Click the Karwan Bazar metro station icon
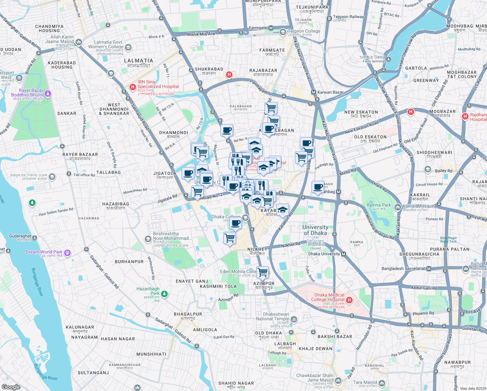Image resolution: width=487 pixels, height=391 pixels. click(x=313, y=92)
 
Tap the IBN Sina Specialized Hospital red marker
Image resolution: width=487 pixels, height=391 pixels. click(x=132, y=87)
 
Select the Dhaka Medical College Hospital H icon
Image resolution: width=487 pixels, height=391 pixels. click(x=349, y=300)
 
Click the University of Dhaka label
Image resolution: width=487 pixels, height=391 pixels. click(x=315, y=230)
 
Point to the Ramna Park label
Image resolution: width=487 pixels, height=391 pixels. click(x=379, y=205)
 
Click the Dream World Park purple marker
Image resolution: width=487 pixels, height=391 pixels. click(x=67, y=253)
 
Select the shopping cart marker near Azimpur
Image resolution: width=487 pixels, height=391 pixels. click(x=262, y=272)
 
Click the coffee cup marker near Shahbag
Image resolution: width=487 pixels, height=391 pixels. click(x=318, y=187)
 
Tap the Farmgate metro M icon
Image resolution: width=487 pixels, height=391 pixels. click(x=271, y=28)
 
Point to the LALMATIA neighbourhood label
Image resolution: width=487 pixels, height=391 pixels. click(x=139, y=61)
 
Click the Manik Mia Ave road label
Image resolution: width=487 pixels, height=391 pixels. click(x=201, y=34)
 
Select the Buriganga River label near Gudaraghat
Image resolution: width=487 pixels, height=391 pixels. click(x=37, y=282)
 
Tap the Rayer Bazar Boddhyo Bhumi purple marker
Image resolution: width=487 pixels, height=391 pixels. click(x=48, y=94)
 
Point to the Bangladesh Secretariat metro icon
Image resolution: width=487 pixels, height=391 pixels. click(x=429, y=269)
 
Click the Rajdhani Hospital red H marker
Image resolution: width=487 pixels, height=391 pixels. click(x=465, y=116)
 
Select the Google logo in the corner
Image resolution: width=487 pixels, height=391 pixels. click(x=11, y=387)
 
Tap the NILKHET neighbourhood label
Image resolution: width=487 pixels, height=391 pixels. click(x=257, y=249)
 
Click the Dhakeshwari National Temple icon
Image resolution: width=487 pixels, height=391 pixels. click(x=294, y=319)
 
